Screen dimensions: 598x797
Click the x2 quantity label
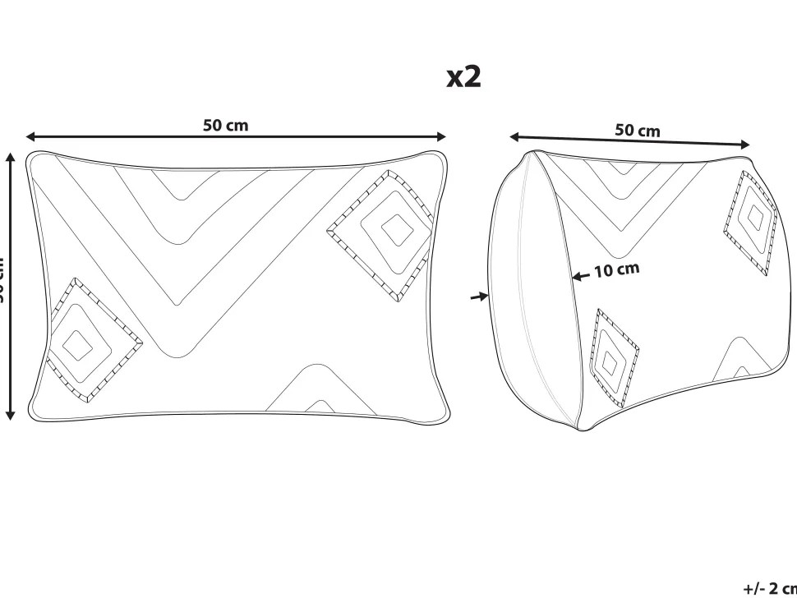coord(463,77)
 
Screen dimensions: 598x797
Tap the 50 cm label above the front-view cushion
coord(225,126)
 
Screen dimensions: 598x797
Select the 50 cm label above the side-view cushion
coord(637,130)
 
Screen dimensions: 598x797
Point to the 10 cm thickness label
coord(616,269)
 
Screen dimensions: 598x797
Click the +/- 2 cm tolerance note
coord(769,588)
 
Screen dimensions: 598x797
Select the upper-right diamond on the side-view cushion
coord(751,221)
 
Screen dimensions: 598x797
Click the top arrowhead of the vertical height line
coord(11,156)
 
